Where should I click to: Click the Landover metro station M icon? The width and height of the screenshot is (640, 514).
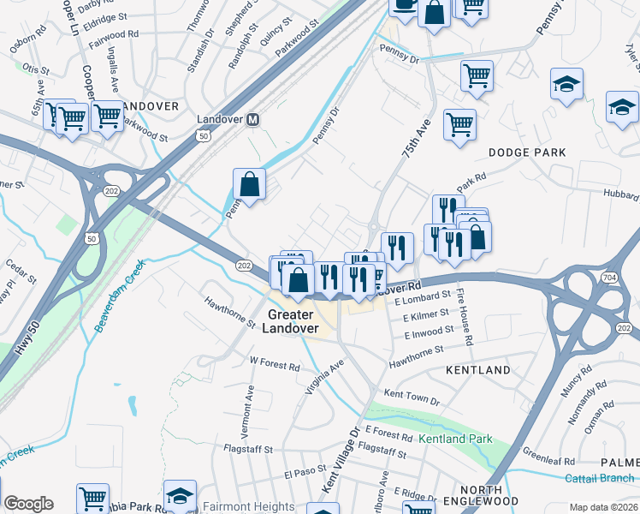pyautogui.click(x=252, y=120)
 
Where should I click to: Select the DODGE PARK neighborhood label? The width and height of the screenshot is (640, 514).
pyautogui.click(x=527, y=152)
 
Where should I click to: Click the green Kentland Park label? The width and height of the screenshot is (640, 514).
pyautogui.click(x=455, y=439)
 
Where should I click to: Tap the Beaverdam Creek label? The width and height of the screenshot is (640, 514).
pyautogui.click(x=122, y=296)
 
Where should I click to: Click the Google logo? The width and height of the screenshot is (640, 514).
pyautogui.click(x=28, y=504)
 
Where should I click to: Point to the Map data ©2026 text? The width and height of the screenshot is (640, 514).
pyautogui.click(x=603, y=507)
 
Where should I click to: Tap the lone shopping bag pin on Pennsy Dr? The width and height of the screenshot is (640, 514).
pyautogui.click(x=249, y=183)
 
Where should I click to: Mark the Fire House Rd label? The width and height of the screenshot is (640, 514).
pyautogui.click(x=465, y=317)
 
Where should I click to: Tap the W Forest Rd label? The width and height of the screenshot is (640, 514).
pyautogui.click(x=275, y=365)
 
